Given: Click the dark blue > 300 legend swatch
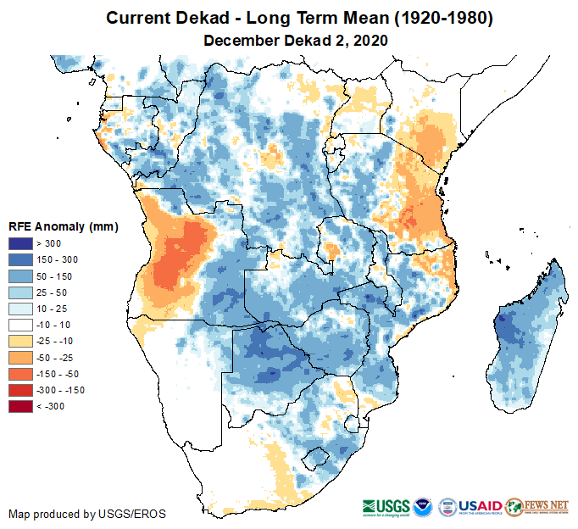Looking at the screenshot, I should click(22, 244).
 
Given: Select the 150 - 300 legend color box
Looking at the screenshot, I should click(22, 260).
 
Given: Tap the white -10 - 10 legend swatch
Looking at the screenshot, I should click(22, 325).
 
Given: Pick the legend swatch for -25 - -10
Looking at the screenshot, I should click(22, 341).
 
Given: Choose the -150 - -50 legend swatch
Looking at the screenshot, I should click(22, 374).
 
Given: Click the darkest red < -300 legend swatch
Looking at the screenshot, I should click(22, 406).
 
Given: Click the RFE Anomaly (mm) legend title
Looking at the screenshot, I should click(63, 227).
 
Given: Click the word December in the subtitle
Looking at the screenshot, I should click(242, 40).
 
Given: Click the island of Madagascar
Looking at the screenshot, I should click(525, 339).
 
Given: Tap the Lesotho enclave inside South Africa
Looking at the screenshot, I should click(317, 459).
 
